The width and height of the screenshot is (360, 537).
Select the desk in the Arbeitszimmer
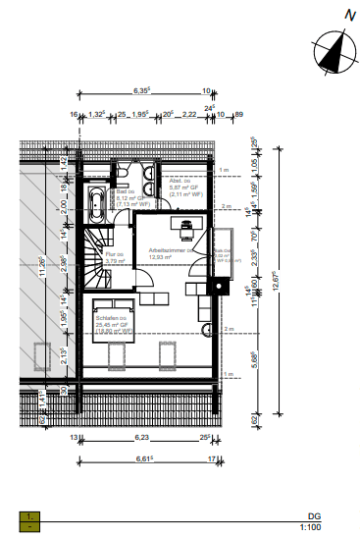point(184,225)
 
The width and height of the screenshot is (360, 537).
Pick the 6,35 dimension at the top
point(141,91)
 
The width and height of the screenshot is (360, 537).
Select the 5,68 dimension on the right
point(256,358)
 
